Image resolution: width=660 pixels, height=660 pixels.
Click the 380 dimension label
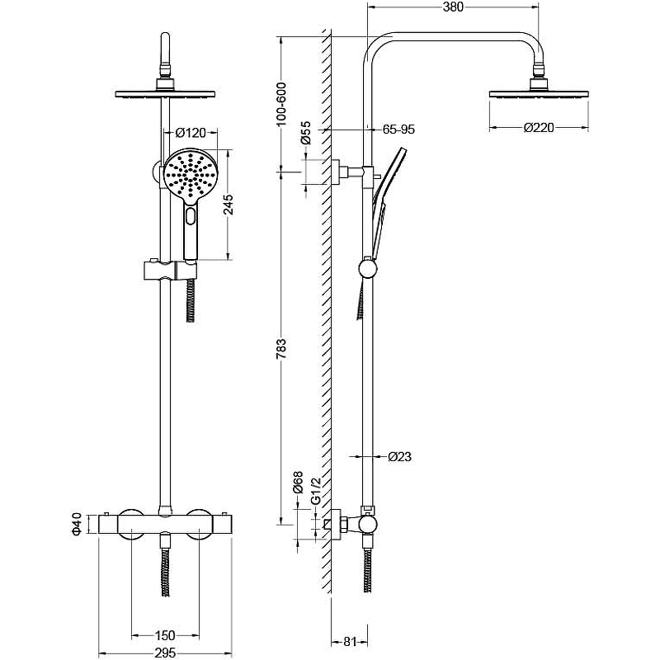453,7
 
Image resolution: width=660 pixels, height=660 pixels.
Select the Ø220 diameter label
539,128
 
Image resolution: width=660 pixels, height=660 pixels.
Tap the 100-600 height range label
281,104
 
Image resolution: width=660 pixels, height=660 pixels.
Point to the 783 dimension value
281,348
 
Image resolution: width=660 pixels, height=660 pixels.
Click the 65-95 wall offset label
398,130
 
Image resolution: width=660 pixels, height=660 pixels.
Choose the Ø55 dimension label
306,133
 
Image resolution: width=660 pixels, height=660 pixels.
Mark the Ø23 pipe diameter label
400,456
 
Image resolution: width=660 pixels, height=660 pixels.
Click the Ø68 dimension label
298,483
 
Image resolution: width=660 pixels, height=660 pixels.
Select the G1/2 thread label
316,491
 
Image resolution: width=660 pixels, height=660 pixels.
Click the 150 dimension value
165,635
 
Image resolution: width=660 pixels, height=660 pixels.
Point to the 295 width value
165,653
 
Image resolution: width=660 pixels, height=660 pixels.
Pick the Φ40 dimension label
77,524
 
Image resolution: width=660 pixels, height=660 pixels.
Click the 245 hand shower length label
229,205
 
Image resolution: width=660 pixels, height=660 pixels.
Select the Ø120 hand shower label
191,133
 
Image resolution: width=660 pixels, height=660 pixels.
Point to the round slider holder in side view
368,268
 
